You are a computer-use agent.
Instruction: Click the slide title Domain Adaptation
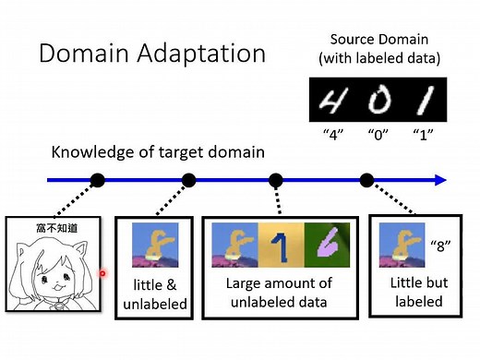pyautogui.click(x=152, y=52)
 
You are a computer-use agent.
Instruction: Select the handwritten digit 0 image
pyautogui.click(x=378, y=99)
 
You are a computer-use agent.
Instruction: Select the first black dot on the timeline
pyautogui.click(x=99, y=179)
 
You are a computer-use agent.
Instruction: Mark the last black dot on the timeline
pyautogui.click(x=366, y=179)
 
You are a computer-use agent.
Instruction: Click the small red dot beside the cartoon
pyautogui.click(x=102, y=273)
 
